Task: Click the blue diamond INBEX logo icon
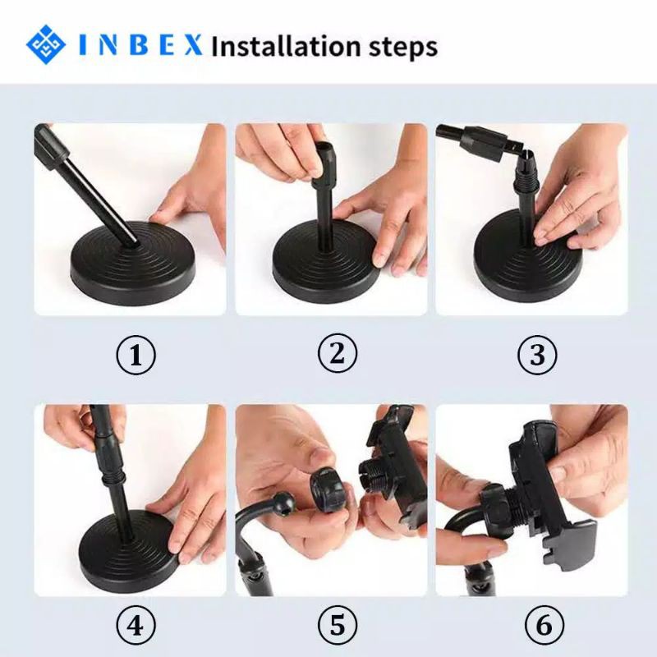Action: [46, 44]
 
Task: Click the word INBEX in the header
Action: [140, 45]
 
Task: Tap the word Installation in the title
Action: [286, 46]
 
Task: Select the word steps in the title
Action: [403, 48]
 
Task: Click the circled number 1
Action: [136, 356]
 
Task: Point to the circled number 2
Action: [338, 353]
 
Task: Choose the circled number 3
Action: [538, 355]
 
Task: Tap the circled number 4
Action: [136, 626]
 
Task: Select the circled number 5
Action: [338, 625]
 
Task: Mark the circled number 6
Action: [544, 626]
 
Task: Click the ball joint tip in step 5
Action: [281, 501]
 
